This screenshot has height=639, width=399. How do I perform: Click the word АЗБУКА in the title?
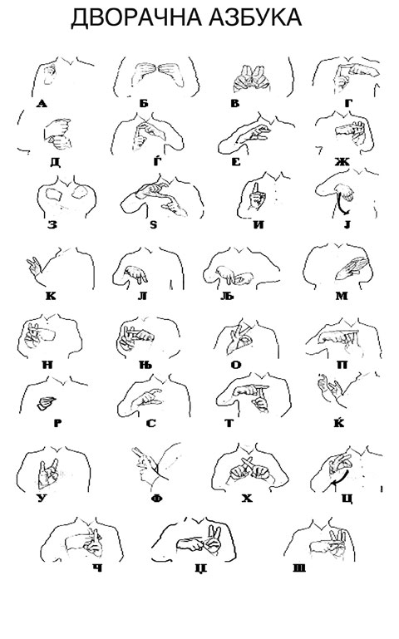[255, 17]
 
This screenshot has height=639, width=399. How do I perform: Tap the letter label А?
[42, 104]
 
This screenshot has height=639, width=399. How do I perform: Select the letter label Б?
[144, 104]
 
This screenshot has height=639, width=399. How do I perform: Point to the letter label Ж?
[342, 162]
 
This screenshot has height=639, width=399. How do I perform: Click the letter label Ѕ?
[153, 224]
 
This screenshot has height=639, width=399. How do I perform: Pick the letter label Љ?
[229, 296]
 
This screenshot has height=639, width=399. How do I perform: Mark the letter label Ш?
[299, 568]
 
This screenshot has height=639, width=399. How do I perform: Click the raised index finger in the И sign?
[255, 190]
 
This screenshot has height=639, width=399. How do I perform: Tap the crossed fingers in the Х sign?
[249, 467]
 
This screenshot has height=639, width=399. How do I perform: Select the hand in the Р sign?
[46, 403]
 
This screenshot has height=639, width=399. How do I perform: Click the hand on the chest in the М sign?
[352, 268]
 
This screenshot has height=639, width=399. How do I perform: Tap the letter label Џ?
[201, 568]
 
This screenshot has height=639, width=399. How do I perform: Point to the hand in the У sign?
[47, 474]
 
